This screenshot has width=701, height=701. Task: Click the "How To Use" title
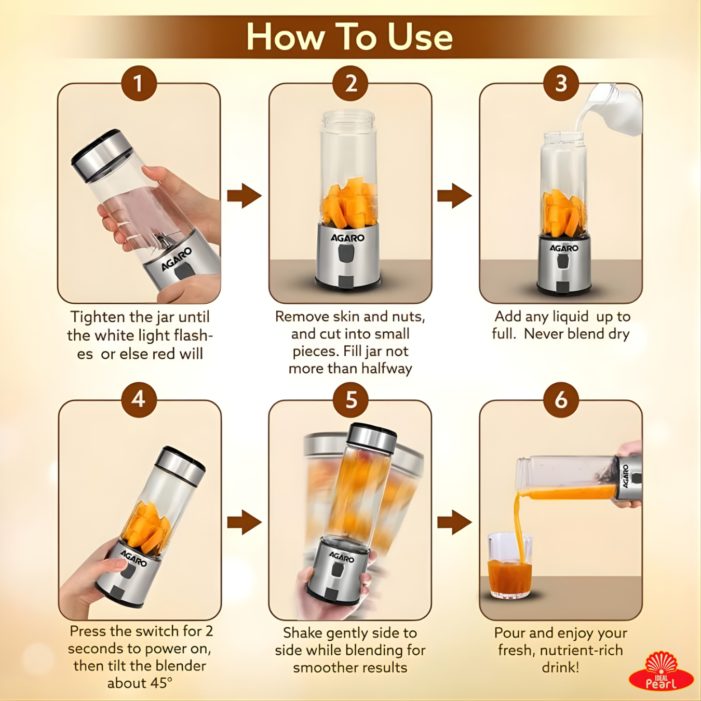[349, 37]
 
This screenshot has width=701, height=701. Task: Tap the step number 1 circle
[139, 83]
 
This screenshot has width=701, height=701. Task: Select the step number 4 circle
[139, 400]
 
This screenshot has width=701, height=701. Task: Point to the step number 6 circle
[561, 400]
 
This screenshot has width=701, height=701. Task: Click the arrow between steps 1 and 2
[244, 196]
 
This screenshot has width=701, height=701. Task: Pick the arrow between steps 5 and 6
[454, 522]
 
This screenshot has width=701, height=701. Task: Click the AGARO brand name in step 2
[347, 238]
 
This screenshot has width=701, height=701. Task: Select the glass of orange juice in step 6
[509, 566]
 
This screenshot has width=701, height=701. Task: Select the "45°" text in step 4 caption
[158, 683]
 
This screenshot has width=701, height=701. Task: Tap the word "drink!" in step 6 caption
[561, 668]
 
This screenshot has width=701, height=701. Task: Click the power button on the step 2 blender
[346, 253]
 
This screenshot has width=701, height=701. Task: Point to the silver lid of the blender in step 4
[181, 467]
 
